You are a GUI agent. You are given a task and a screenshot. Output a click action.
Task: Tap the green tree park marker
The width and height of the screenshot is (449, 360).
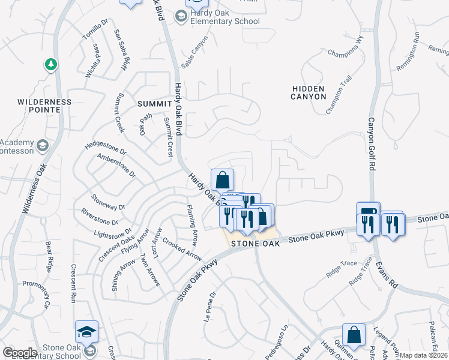tap(51, 64)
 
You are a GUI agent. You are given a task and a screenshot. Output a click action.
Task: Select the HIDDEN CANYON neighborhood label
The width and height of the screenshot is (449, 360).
tap(309, 92)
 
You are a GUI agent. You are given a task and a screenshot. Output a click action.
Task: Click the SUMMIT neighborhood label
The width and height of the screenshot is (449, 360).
tap(155, 104)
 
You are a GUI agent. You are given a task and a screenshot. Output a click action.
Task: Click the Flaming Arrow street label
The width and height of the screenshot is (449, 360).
tap(191, 226)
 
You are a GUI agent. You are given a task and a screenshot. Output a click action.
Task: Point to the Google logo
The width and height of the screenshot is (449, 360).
tap(20, 353)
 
